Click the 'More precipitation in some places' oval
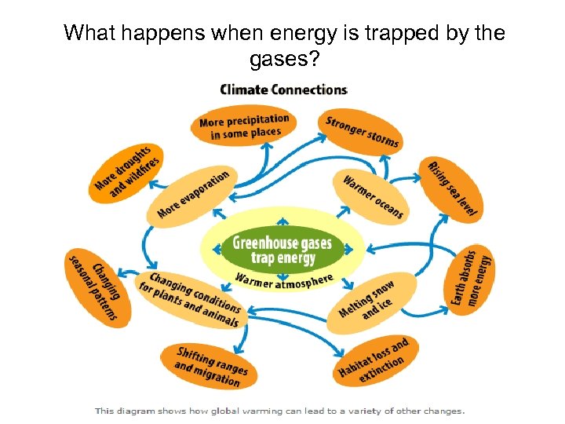pyautogui.click(x=244, y=126)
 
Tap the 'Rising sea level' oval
pyautogui.click(x=453, y=188)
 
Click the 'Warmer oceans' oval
pyautogui.click(x=373, y=196)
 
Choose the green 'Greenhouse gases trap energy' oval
pyautogui.click(x=282, y=250)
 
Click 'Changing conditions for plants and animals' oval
pyautogui.click(x=190, y=300)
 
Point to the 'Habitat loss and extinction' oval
pyautogui.click(x=373, y=360)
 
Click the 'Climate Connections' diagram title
pyautogui.click(x=283, y=90)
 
